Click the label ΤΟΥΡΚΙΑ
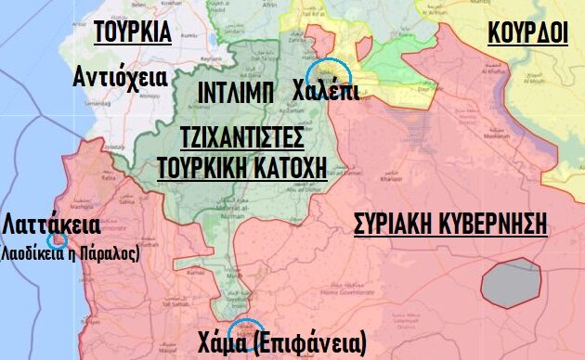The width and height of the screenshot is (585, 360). coord(133,32)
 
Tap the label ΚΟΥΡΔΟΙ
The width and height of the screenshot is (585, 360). coord(527,32)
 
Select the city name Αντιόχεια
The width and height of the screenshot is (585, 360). coord(120,77)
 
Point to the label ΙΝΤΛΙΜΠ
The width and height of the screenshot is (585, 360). coord(236,92)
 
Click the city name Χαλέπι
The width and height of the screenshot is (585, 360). coord(325,92)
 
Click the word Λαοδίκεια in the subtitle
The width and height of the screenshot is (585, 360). coord(32,251)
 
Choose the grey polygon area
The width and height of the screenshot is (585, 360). coord(512,284)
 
